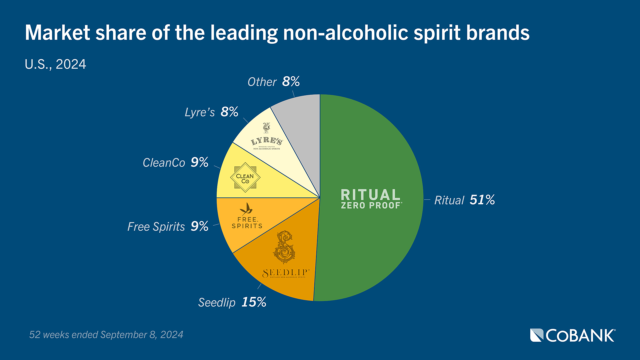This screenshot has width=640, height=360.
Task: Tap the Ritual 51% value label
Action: pos(482,200)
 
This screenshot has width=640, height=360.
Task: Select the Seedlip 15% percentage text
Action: pos(254,302)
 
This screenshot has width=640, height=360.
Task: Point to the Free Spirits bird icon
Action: pos(246,209)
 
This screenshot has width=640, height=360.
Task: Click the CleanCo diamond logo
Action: pos(245,178)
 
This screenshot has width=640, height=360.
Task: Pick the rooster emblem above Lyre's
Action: pos(266,128)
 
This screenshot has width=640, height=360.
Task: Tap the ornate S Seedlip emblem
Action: pos(284,247)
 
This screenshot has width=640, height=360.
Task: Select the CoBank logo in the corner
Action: pos(573,335)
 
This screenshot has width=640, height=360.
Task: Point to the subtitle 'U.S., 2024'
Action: pos(55,64)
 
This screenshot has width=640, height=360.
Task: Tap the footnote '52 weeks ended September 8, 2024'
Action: pos(106,335)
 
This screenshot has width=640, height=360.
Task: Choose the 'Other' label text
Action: pos(262,82)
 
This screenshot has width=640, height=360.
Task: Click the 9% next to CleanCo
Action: pos(199,163)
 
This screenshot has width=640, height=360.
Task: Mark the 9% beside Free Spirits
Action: pos(199,226)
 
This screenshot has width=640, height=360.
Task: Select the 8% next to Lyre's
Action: pos(229,112)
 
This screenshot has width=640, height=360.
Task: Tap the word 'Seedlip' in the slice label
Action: pos(217,303)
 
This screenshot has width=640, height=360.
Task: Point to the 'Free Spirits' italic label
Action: pos(156,227)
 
